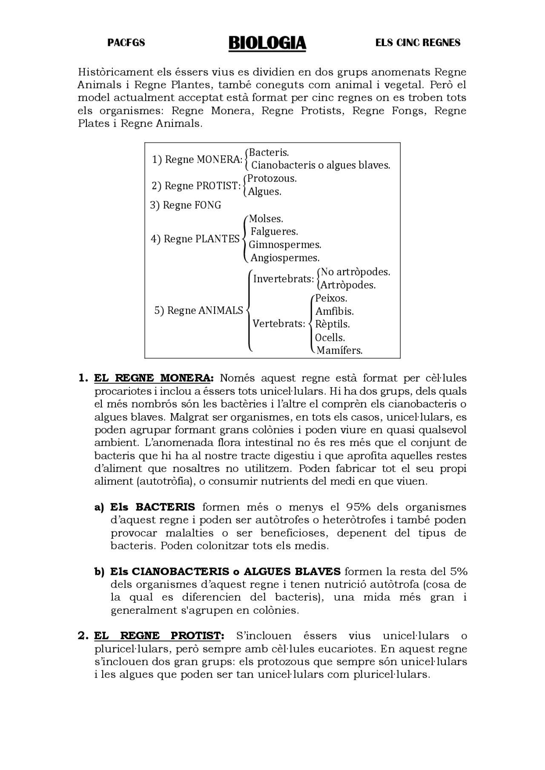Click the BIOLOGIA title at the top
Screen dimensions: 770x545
click(x=267, y=43)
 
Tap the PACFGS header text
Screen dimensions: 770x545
click(x=126, y=43)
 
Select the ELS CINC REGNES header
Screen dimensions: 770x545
click(x=418, y=43)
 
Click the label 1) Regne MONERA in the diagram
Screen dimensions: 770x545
click(x=197, y=160)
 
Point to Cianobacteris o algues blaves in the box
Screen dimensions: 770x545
click(x=321, y=165)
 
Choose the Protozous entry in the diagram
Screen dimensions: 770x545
click(x=272, y=178)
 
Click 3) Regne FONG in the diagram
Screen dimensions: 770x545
click(x=186, y=205)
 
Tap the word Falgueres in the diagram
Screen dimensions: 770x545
click(x=274, y=232)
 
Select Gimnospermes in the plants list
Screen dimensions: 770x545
click(x=285, y=245)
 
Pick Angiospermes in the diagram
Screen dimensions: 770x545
click(x=285, y=258)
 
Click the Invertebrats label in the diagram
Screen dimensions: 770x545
click(x=284, y=279)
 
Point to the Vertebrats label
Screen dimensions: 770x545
click(x=279, y=324)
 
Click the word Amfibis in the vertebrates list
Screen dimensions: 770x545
click(x=335, y=311)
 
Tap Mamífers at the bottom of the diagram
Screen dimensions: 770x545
click(x=339, y=351)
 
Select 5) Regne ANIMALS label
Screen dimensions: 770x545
click(x=198, y=310)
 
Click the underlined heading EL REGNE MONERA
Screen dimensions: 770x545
click(x=155, y=378)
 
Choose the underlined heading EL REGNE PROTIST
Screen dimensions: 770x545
click(x=159, y=636)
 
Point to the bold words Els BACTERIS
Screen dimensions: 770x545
click(x=152, y=507)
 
